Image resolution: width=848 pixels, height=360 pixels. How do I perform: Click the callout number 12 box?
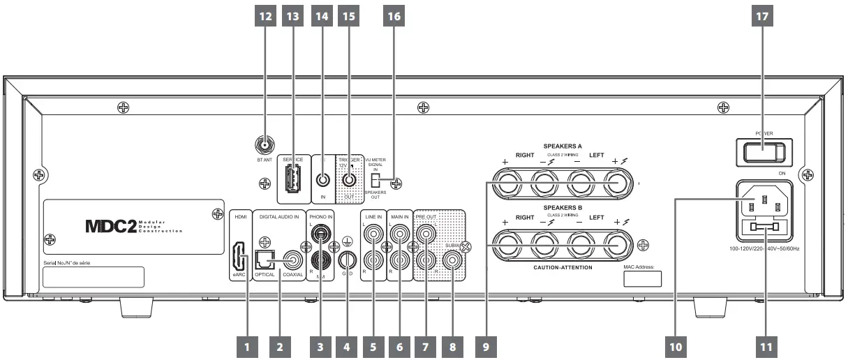pyautogui.click(x=266, y=16)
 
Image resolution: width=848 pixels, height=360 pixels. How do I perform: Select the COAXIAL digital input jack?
pyautogui.click(x=292, y=263)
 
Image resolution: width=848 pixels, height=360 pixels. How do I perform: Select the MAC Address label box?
pyautogui.click(x=642, y=278)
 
